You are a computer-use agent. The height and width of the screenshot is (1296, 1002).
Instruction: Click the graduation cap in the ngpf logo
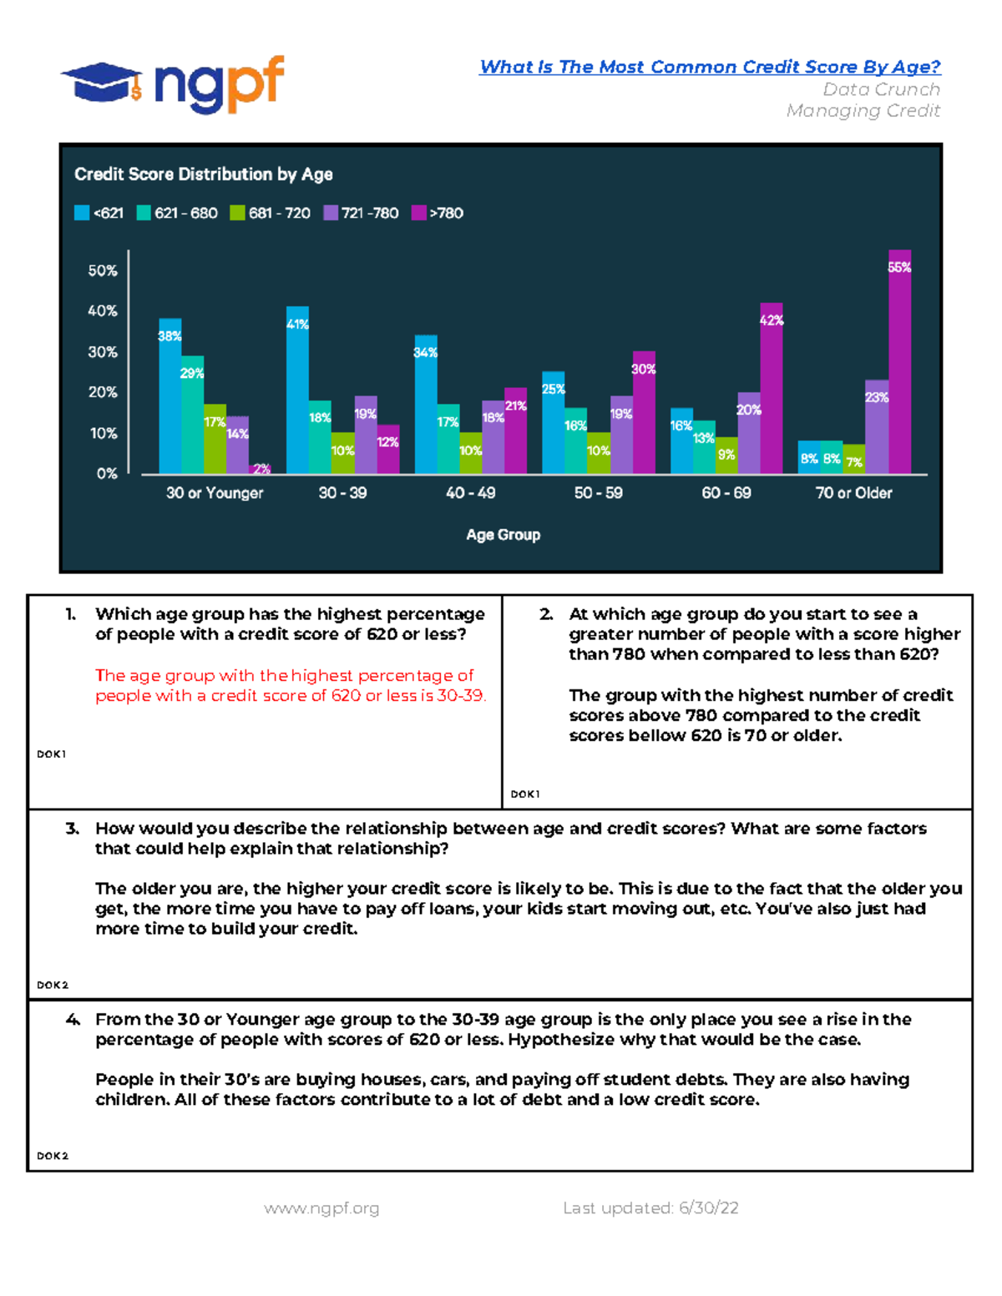pos(102,83)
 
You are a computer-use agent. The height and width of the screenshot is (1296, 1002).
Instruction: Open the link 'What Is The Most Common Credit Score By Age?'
pos(711,67)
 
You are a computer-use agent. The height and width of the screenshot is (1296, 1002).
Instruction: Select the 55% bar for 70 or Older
pos(899,362)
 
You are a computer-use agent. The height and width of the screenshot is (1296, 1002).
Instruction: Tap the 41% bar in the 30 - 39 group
pos(297,390)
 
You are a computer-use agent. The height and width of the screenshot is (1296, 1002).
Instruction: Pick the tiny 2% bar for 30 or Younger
pos(260,469)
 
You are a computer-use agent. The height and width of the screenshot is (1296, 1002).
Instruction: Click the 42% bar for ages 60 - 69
pos(771,388)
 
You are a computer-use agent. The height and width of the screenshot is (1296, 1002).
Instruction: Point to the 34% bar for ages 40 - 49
pos(426,405)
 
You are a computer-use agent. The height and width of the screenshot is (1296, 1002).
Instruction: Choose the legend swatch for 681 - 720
pos(237,213)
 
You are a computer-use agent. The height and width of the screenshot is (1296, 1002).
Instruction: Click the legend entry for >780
pos(438,213)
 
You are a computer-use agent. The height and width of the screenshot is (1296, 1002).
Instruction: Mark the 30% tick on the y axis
pos(103,352)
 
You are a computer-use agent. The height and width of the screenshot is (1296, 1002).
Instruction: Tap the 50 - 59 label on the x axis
pos(598,492)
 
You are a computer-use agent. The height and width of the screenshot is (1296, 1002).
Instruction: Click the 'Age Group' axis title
pos(504,534)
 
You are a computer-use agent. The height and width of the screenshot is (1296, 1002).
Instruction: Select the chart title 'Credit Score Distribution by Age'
pos(204,174)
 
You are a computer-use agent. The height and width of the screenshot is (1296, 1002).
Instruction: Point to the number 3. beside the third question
pos(72,829)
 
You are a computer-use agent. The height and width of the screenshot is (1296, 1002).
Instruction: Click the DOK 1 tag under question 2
pos(525,794)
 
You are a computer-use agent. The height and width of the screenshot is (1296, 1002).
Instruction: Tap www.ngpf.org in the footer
pos(321,1208)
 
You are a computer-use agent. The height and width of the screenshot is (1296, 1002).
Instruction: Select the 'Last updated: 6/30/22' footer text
pos(650,1208)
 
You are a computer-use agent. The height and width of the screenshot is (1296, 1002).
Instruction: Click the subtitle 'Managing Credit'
pos(863,111)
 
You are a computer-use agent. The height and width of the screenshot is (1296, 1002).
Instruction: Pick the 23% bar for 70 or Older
pos(877,427)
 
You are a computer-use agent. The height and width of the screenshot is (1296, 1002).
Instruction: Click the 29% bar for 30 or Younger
pos(192,415)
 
